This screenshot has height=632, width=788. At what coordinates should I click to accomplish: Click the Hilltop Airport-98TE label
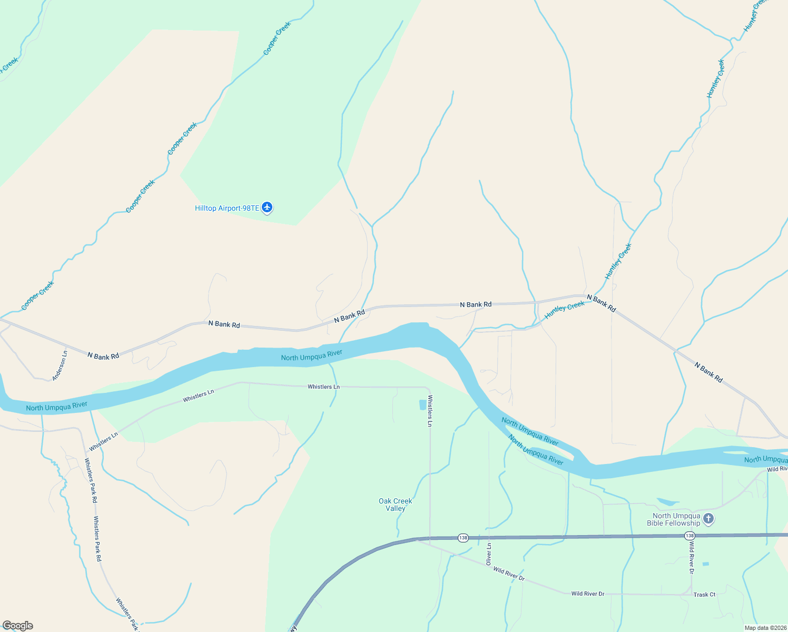[227, 209]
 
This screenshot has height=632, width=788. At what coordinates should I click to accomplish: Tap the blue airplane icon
[268, 208]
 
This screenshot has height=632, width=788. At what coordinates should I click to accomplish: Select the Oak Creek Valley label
[395, 505]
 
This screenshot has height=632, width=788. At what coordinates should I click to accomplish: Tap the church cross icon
[708, 519]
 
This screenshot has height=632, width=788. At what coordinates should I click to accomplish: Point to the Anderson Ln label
[60, 366]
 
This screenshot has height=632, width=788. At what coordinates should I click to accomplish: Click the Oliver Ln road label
[489, 554]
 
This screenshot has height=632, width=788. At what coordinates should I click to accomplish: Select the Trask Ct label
[704, 595]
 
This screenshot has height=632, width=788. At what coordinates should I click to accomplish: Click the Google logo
[18, 625]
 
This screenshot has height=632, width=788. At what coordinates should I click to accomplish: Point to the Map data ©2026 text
[765, 628]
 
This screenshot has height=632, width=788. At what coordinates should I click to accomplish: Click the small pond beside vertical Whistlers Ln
[422, 404]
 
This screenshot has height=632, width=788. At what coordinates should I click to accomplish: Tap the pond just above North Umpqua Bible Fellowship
[667, 501]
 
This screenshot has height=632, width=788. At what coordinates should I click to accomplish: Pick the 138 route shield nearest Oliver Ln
[463, 538]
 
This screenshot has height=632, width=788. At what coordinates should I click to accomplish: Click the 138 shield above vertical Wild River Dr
[689, 536]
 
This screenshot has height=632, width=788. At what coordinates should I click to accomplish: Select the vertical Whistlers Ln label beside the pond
[430, 410]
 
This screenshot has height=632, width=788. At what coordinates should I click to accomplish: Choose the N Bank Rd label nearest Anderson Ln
[103, 356]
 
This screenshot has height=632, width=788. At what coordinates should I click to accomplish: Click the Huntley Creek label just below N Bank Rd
[564, 310]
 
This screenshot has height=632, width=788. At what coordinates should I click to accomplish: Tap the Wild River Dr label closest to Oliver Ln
[509, 574]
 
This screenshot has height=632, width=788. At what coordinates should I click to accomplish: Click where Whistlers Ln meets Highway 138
[430, 539]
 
